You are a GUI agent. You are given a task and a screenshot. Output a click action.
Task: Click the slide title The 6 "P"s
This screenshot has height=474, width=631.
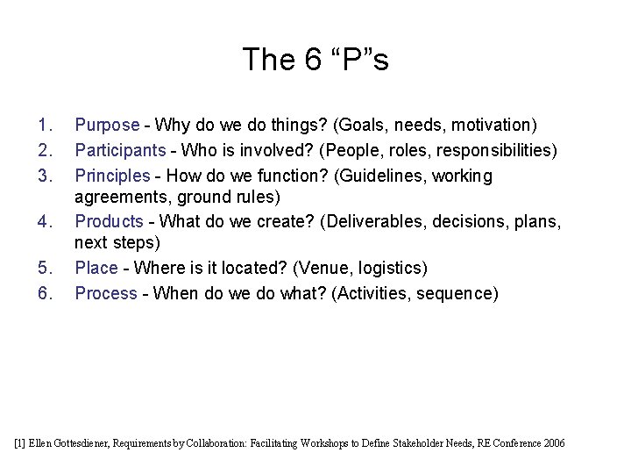point(315,59)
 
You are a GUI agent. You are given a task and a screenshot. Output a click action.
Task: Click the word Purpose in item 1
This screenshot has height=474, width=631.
point(107,126)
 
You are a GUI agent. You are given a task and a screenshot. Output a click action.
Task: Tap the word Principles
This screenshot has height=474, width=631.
point(113,176)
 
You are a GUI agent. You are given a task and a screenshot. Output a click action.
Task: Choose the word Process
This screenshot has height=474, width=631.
point(106,293)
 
